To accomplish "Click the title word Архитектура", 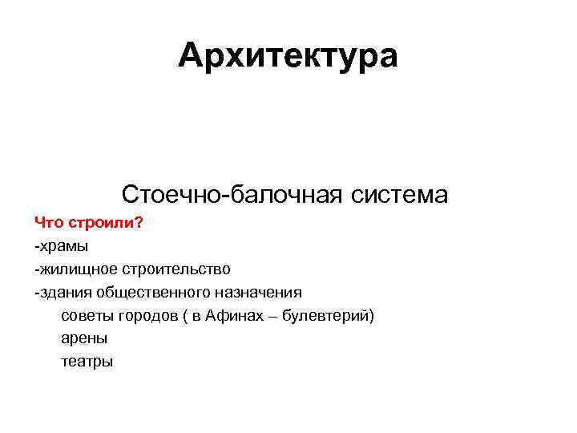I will pyautogui.click(x=288, y=56).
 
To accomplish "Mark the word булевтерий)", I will pyautogui.click(x=330, y=315).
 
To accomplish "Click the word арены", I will pyautogui.click(x=84, y=338).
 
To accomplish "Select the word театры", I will pyautogui.click(x=87, y=362).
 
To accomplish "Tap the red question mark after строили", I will pyautogui.click(x=139, y=221).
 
